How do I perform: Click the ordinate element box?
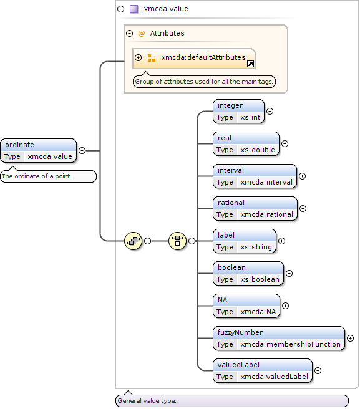[39, 150]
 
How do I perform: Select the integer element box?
[238, 112]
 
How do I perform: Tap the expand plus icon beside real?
[285, 144]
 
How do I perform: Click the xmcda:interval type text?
[266, 182]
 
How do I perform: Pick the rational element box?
[255, 209]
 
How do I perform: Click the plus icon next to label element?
[281, 241]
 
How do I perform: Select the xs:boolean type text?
[260, 279]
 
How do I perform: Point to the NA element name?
[222, 300]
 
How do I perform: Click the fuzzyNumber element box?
[279, 339]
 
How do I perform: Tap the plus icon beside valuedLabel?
[318, 370]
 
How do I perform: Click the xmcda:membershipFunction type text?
[290, 344]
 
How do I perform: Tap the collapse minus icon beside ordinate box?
[82, 150]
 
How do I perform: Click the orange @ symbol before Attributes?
[141, 34]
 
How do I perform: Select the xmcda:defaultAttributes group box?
[194, 59]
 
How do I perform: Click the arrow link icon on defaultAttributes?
[250, 64]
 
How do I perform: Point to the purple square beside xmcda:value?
[134, 9]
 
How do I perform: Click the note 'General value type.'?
[232, 401]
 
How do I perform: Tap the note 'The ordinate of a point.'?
[48, 176]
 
